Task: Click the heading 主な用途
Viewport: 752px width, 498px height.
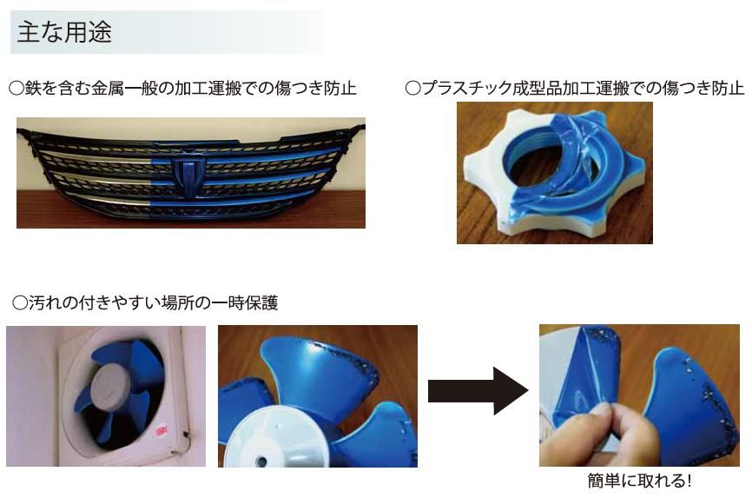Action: pyautogui.click(x=64, y=32)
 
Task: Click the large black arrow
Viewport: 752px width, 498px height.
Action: pyautogui.click(x=478, y=390)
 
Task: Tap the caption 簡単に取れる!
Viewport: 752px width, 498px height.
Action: pyautogui.click(x=639, y=481)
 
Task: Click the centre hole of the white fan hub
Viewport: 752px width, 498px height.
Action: pyautogui.click(x=262, y=461)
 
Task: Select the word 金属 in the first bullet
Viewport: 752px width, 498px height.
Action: pyautogui.click(x=108, y=89)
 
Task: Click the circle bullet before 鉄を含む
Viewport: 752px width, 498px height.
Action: pyautogui.click(x=16, y=89)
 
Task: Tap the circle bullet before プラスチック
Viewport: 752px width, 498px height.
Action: pyautogui.click(x=413, y=89)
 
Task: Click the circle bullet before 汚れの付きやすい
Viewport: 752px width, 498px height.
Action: pyautogui.click(x=20, y=303)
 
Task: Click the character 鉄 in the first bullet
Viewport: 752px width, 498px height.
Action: pyautogui.click(x=33, y=89)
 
